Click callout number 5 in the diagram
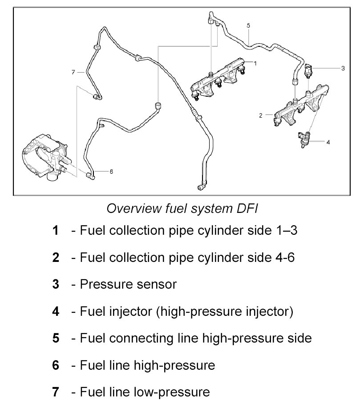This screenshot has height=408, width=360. click(x=249, y=25)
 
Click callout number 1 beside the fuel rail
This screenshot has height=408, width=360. click(x=255, y=64)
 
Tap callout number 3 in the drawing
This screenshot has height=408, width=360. click(x=343, y=68)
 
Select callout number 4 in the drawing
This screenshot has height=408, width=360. click(x=328, y=143)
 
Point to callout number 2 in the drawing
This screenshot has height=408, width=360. click(x=261, y=116)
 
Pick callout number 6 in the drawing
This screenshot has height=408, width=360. click(x=111, y=171)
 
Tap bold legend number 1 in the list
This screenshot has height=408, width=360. click(x=56, y=231)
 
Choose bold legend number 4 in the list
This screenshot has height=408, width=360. click(x=56, y=311)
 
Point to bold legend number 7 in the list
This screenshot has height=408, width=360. click(x=56, y=392)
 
